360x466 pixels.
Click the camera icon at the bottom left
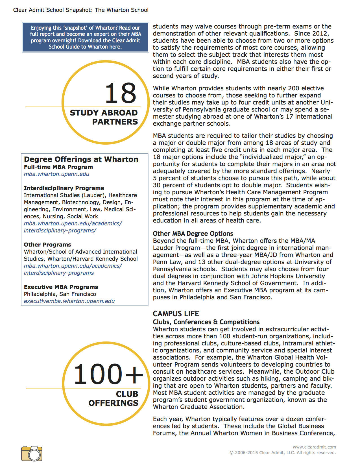[x=32, y=453]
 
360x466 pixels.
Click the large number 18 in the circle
[x=121, y=93]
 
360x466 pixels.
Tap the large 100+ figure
[x=108, y=374]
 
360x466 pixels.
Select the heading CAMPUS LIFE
[x=176, y=314]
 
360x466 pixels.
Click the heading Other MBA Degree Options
[x=193, y=234]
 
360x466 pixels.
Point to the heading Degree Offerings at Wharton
[x=81, y=159]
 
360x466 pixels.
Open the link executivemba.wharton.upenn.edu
[x=69, y=301]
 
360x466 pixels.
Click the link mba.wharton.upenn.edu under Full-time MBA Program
[x=56, y=174]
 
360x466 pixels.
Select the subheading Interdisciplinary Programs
[x=64, y=188]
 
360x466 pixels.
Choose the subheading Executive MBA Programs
[x=61, y=287]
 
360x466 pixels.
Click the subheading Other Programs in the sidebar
[x=47, y=245]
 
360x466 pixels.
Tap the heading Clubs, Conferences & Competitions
[x=206, y=322]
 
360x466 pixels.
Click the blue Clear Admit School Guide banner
[x=85, y=37]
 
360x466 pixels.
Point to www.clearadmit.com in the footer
[x=314, y=447]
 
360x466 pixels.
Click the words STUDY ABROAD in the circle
[x=104, y=113]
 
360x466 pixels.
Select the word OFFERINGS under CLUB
[x=113, y=403]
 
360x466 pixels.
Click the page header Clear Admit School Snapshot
[x=81, y=10]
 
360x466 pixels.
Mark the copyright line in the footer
[x=282, y=453]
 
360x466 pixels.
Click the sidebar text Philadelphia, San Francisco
[x=60, y=294]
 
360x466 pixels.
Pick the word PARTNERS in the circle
[x=115, y=122]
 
